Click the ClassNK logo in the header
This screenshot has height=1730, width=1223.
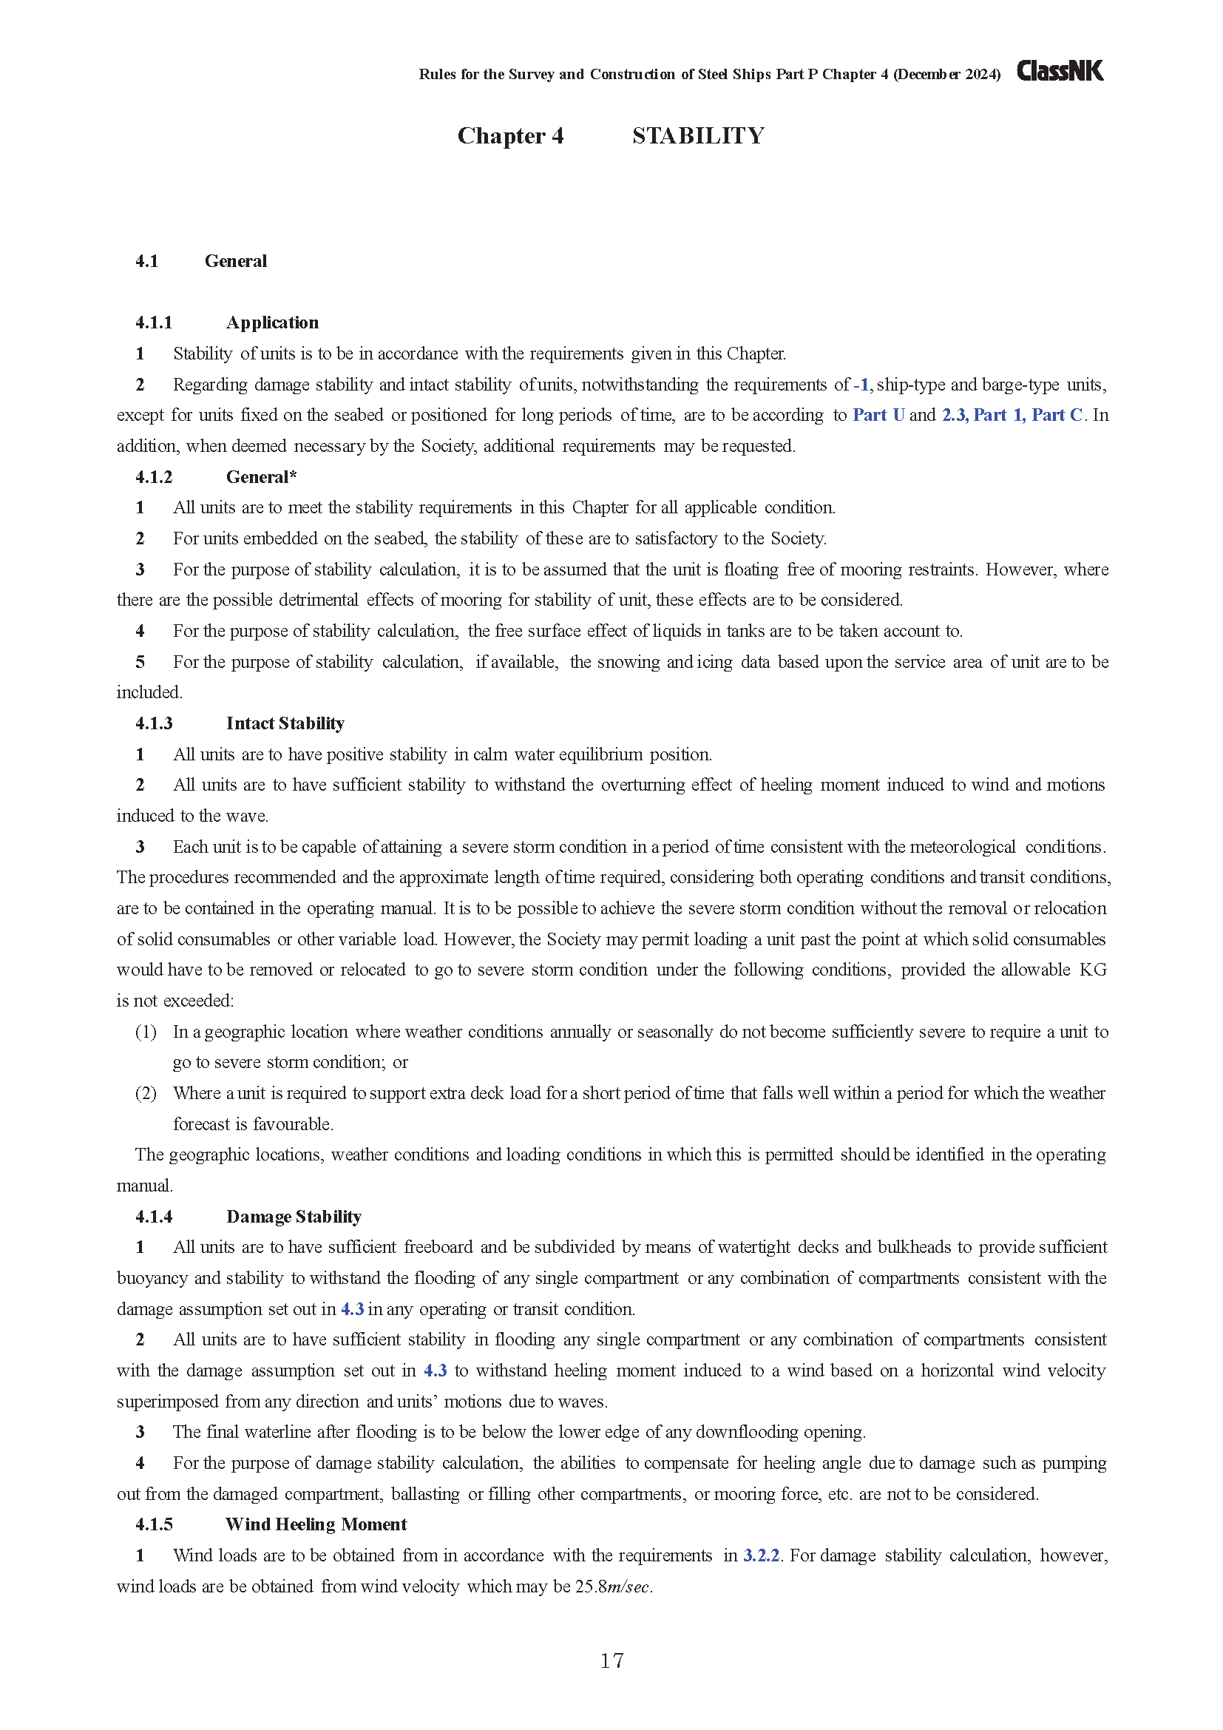[1060, 71]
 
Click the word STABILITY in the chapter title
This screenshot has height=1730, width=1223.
[698, 135]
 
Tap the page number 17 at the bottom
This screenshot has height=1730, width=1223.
[611, 1660]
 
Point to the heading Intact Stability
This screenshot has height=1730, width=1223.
[285, 723]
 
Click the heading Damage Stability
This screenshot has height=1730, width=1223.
[294, 1217]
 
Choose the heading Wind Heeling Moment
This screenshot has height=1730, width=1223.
[316, 1524]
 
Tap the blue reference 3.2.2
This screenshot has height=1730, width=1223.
[761, 1555]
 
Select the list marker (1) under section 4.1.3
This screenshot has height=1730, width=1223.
[146, 1032]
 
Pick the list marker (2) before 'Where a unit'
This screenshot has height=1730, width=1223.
[146, 1093]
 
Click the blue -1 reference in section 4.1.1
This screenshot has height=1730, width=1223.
[861, 385]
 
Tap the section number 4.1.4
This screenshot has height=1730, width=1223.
[154, 1217]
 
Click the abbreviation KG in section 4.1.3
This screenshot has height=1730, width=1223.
[1093, 970]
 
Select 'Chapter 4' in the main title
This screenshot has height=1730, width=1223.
[510, 135]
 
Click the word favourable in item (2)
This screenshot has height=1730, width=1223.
[292, 1124]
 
